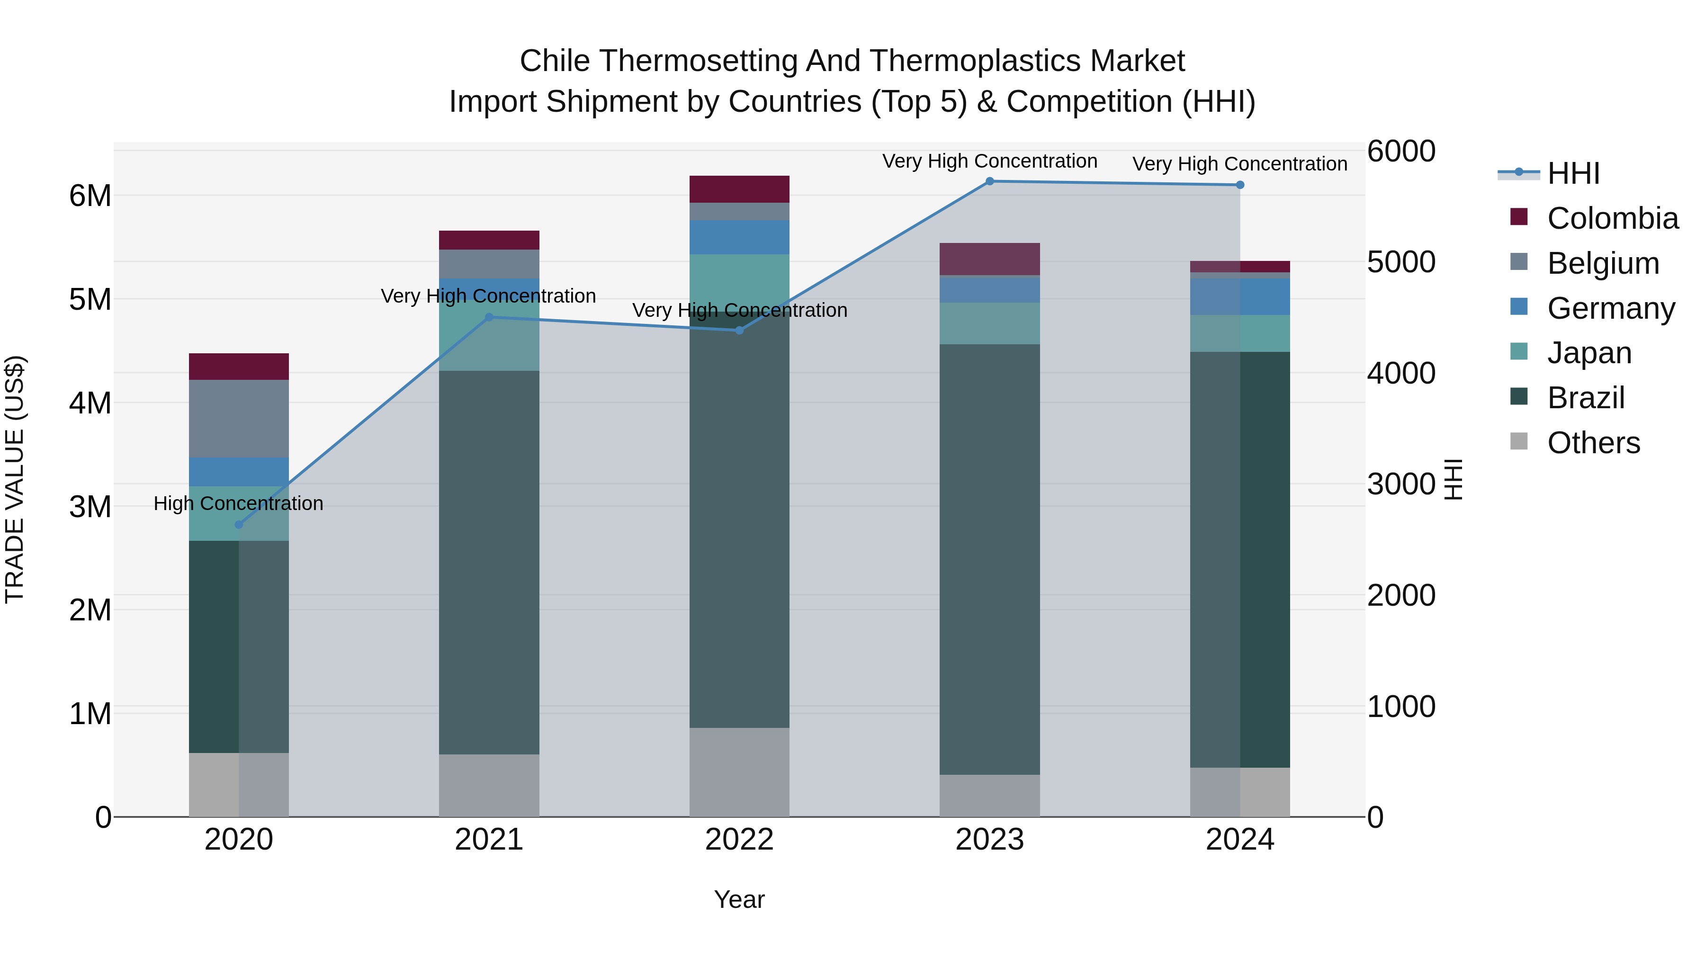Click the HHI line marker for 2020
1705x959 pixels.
(239, 525)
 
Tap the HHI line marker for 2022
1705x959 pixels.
(739, 330)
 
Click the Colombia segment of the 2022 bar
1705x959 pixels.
(739, 189)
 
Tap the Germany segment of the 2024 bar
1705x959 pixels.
(1240, 296)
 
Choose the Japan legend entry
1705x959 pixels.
(1588, 353)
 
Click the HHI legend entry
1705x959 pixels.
(1573, 173)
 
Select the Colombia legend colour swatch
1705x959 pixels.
(1519, 217)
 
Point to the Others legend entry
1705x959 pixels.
(1593, 443)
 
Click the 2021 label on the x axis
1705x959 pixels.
(489, 840)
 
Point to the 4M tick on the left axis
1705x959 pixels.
(90, 403)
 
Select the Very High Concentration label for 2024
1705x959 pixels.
(1240, 164)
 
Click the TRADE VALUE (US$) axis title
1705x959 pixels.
(15, 479)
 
